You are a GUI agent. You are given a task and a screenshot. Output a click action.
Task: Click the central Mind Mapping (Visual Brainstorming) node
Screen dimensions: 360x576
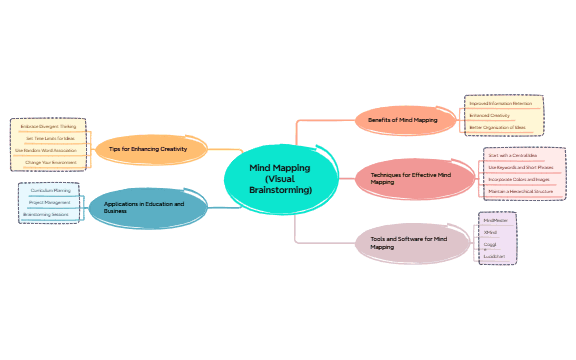[280, 180]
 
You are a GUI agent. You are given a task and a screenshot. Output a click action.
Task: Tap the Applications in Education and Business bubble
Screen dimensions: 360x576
[146, 208]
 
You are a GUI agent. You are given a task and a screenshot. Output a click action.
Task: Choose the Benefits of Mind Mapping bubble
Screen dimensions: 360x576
[403, 120]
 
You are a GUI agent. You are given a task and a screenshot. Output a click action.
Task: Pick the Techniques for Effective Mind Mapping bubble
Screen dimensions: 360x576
[410, 179]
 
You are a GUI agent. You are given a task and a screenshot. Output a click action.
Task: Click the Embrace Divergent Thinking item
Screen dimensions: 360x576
[48, 127]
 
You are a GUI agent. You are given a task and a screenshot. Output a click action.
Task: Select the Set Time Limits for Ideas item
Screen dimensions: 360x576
[50, 138]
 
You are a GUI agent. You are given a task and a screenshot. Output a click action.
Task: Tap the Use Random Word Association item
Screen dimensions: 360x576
[47, 150]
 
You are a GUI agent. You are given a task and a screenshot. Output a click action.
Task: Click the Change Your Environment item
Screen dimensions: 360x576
[50, 162]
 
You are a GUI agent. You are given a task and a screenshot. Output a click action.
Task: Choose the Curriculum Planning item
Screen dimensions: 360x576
[49, 190]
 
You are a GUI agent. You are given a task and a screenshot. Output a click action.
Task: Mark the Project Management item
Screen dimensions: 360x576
[49, 202]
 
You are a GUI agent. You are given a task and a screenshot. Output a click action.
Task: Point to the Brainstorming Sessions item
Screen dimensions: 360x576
[46, 214]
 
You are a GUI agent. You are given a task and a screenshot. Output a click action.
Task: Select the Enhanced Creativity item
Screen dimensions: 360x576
[490, 116]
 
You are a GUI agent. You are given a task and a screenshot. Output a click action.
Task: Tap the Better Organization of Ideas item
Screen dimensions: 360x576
[497, 128]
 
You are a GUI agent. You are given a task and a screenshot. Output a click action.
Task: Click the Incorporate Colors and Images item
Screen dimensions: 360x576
[518, 179]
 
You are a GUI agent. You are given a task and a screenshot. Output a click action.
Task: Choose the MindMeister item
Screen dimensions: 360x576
[496, 220]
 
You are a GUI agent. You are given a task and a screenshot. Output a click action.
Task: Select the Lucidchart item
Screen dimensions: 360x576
[494, 256]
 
